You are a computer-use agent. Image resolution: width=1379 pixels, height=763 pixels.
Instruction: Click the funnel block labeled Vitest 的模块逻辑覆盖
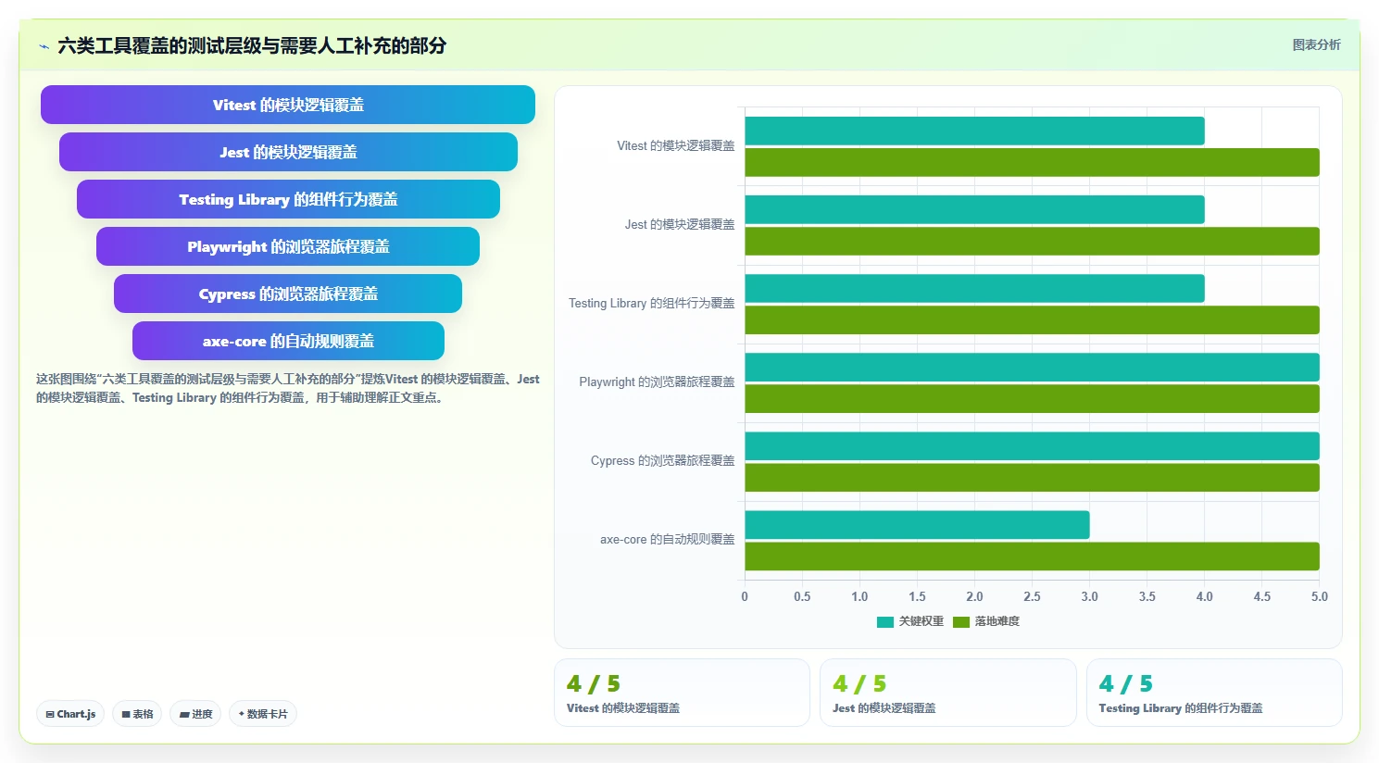tap(287, 105)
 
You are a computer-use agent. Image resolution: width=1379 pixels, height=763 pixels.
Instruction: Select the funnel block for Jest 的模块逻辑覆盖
tap(288, 152)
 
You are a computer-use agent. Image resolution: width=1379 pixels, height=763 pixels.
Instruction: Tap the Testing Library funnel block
tap(288, 199)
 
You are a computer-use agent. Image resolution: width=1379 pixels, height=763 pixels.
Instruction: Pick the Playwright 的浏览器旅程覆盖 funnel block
tap(287, 246)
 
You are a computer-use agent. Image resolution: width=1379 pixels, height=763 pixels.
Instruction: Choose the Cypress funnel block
tap(287, 294)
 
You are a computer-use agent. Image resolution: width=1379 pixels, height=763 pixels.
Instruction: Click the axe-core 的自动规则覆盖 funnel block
tap(288, 341)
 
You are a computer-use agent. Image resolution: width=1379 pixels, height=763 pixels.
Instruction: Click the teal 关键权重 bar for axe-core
tap(917, 525)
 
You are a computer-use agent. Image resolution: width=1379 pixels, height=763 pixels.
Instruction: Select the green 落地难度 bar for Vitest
tap(1032, 162)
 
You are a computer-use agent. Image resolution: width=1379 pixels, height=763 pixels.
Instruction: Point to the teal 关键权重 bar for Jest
tap(974, 210)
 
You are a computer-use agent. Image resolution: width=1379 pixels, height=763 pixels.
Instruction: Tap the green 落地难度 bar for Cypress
tap(1032, 478)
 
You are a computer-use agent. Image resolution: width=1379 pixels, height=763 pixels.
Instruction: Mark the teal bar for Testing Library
tap(974, 289)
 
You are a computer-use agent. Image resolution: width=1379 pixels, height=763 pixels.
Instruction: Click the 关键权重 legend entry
tap(909, 621)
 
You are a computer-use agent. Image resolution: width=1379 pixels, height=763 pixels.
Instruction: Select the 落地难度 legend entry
tap(986, 621)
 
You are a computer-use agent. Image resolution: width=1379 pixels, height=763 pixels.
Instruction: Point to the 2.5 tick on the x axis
tap(1032, 596)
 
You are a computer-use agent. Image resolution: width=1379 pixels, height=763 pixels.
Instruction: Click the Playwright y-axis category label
tap(657, 382)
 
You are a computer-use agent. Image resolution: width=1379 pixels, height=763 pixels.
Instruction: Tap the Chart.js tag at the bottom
tap(70, 714)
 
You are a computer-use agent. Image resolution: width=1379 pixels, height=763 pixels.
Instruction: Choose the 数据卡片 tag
tap(263, 714)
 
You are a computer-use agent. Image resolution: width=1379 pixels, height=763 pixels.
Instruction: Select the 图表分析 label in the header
tap(1316, 45)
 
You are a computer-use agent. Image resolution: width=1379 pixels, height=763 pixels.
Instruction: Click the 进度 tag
tap(195, 714)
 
